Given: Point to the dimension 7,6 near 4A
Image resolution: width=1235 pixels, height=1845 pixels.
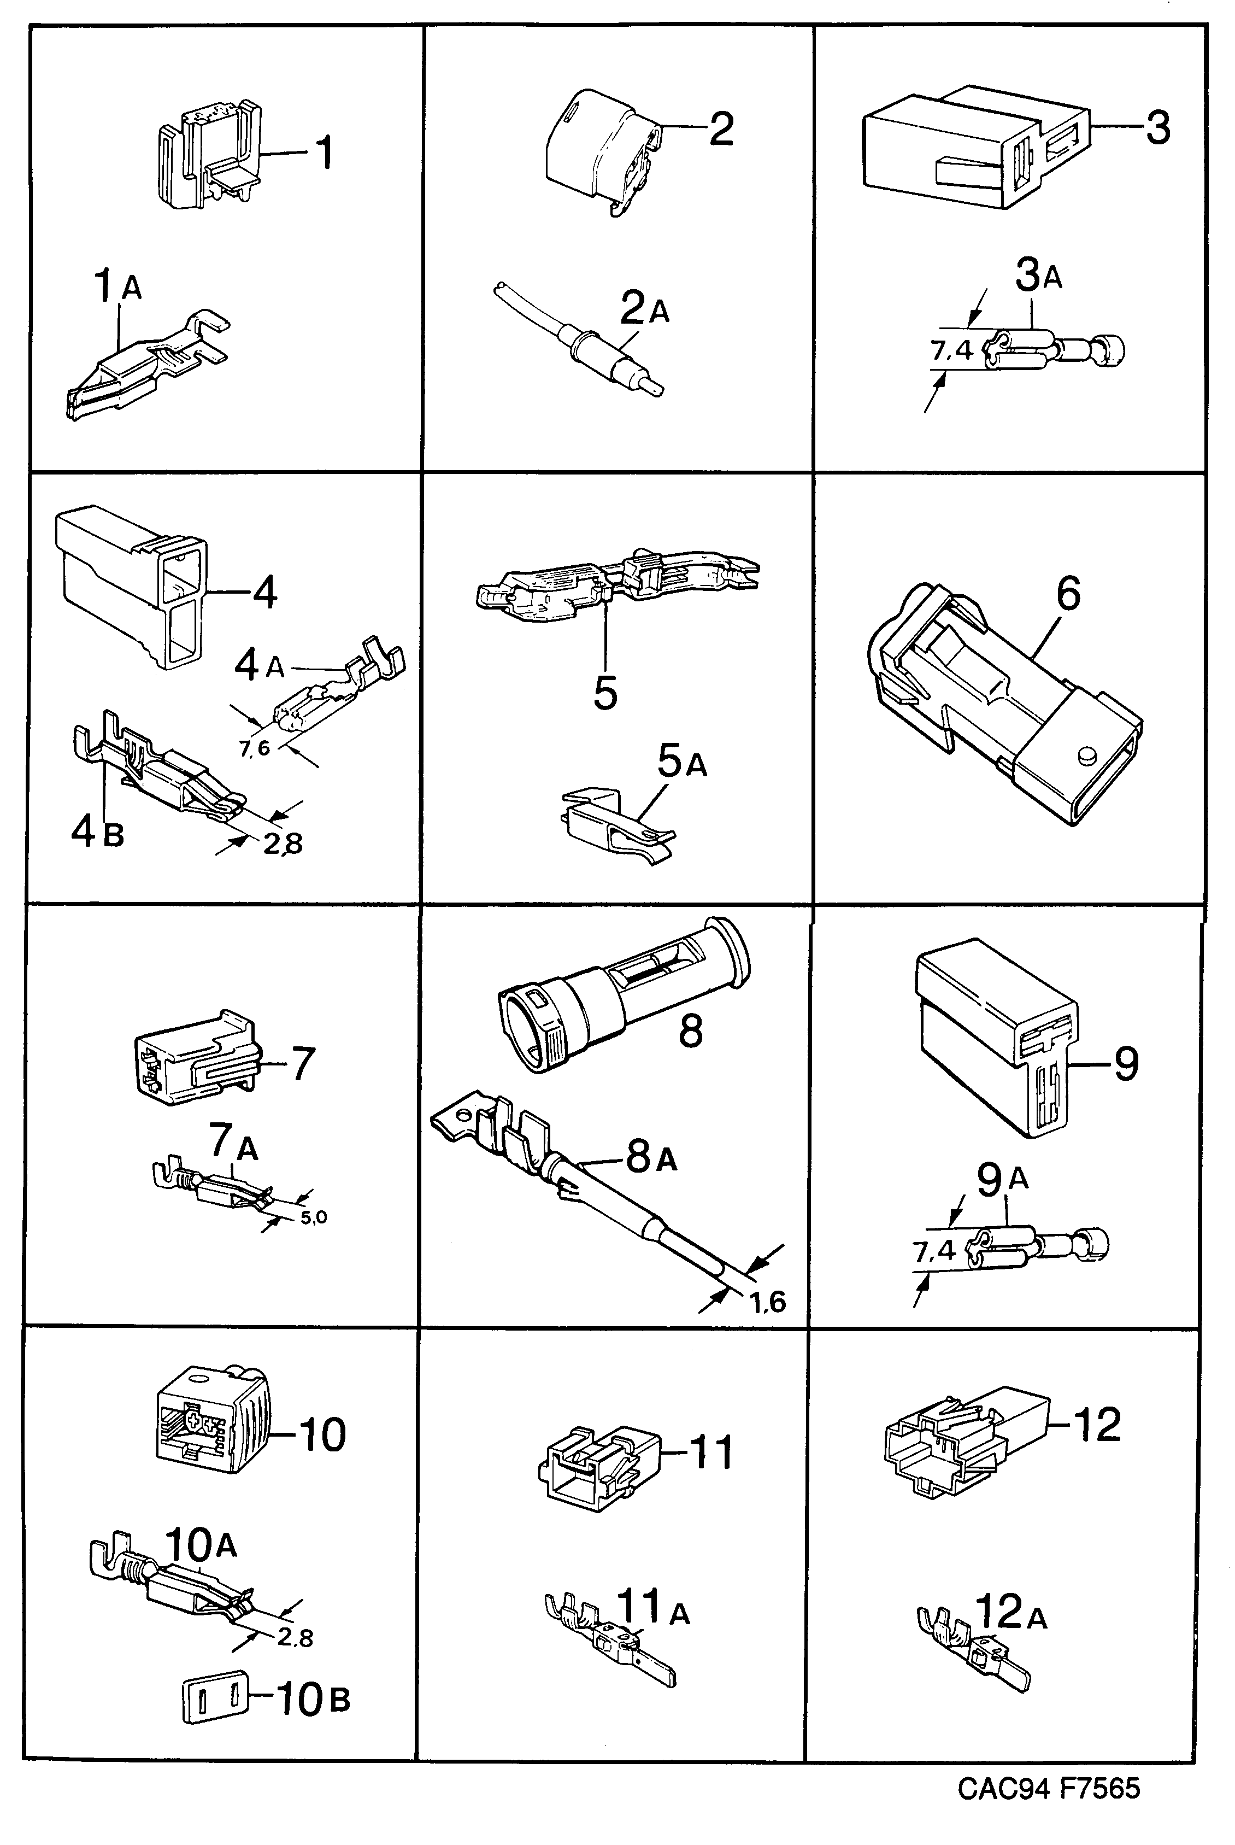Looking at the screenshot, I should [x=255, y=748].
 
